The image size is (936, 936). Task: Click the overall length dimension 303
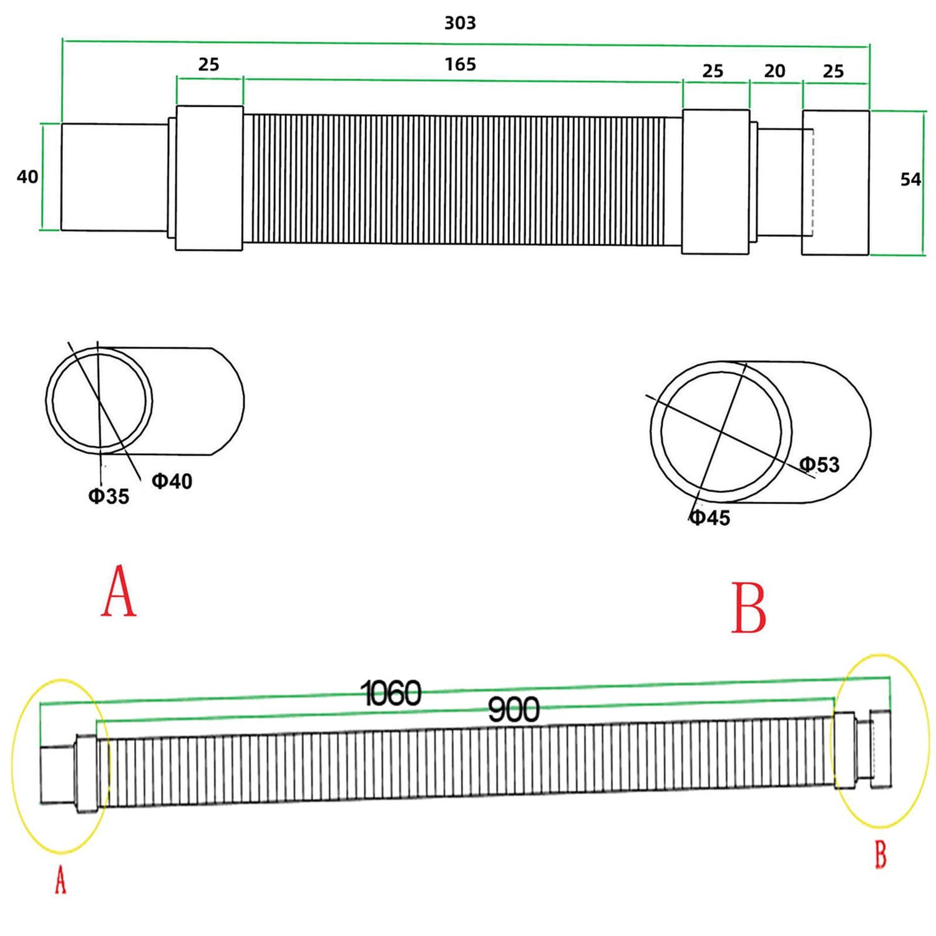[460, 23]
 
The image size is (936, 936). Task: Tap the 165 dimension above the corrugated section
[461, 64]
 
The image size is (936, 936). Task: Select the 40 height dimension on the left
[27, 177]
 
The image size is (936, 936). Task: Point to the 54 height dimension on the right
[910, 180]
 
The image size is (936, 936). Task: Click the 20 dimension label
[774, 71]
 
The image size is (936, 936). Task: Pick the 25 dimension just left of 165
[209, 64]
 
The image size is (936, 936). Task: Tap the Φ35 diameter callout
[109, 496]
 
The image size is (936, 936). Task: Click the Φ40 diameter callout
[172, 481]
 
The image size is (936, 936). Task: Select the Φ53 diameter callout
[820, 464]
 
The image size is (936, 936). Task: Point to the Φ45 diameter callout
[710, 517]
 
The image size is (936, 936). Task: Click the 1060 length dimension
[392, 693]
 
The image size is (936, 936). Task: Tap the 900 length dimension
[514, 710]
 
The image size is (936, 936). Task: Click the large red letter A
[119, 591]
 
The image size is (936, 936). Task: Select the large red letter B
[748, 608]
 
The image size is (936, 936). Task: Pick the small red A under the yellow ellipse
[61, 881]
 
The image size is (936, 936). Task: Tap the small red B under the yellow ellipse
[880, 855]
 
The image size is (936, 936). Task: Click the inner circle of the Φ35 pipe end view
[99, 401]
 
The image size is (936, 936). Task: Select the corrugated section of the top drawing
[462, 180]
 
